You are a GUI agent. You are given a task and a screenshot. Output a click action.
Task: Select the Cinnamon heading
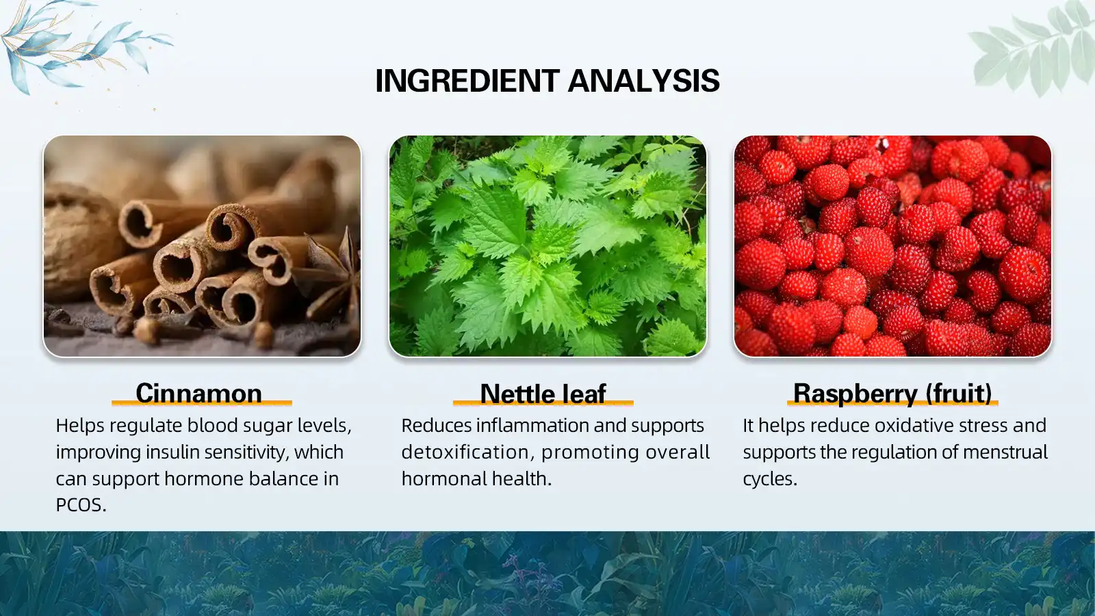198,394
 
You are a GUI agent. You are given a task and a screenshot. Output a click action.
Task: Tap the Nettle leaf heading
543,394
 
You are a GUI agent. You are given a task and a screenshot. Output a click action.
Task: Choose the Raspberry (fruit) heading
892,394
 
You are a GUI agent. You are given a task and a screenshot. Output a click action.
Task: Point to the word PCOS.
81,505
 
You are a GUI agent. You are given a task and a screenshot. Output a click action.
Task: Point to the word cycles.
769,479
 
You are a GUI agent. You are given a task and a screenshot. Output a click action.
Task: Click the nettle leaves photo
547,246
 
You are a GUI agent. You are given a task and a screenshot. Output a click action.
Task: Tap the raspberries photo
892,246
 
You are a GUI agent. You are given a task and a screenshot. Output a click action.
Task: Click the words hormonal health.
476,479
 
